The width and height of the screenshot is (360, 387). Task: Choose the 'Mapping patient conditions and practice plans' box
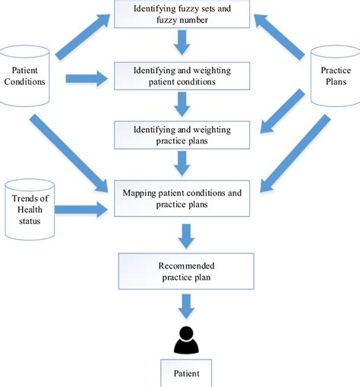tap(182, 199)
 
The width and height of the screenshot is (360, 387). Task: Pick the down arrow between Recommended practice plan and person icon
tap(182, 305)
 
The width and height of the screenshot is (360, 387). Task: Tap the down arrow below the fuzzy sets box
tap(182, 44)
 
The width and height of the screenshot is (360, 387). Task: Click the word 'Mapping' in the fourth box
tap(142, 193)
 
